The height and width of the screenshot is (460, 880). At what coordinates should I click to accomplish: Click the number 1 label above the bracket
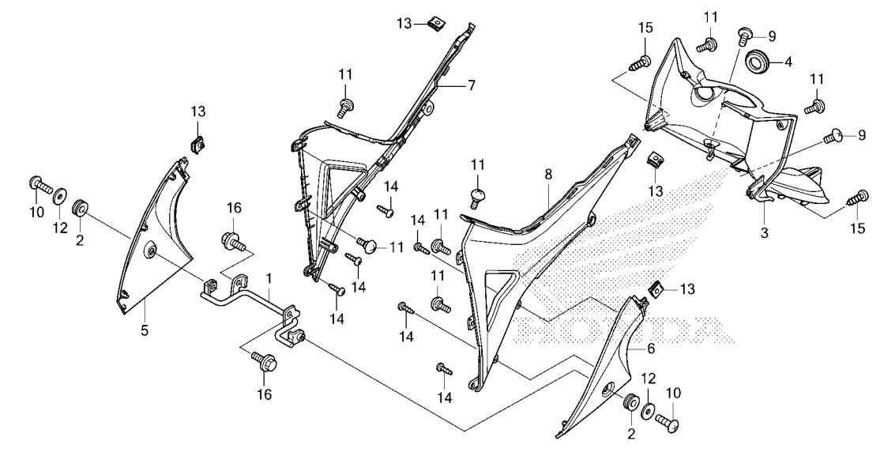(269, 278)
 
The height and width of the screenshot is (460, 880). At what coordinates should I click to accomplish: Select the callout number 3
(764, 233)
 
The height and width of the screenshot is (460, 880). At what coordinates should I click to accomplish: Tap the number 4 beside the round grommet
(788, 62)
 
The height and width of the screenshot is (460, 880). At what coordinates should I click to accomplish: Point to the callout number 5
(145, 330)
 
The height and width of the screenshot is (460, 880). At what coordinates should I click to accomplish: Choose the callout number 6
(650, 349)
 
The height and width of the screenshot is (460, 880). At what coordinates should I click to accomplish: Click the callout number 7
(472, 86)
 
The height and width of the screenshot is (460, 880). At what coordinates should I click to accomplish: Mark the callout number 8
(547, 174)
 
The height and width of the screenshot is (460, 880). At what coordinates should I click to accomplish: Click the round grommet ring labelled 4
(756, 60)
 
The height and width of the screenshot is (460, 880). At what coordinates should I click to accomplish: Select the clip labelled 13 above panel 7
(433, 25)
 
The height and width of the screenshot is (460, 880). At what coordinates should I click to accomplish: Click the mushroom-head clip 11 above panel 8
(477, 198)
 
